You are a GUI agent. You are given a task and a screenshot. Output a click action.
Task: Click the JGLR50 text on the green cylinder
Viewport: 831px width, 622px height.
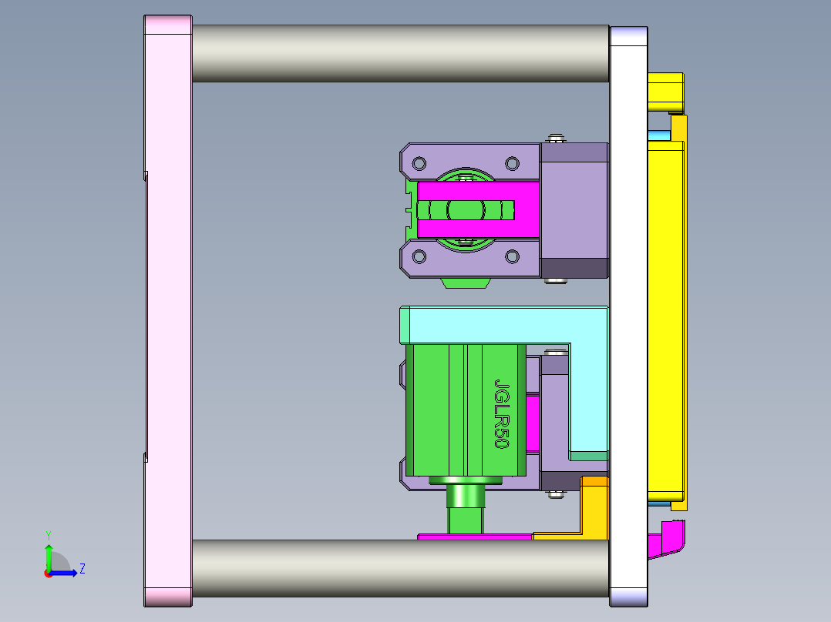click(x=502, y=414)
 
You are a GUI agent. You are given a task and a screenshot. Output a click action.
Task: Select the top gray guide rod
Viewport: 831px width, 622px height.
click(x=399, y=53)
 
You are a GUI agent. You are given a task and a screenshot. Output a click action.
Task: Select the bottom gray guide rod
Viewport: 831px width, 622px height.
click(x=399, y=568)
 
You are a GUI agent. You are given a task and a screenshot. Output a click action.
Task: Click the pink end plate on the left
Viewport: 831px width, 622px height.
click(x=168, y=308)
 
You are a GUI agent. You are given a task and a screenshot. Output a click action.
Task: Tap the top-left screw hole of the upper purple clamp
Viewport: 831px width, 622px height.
click(x=419, y=163)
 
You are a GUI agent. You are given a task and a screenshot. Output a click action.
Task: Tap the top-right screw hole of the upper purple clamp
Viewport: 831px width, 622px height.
click(x=512, y=163)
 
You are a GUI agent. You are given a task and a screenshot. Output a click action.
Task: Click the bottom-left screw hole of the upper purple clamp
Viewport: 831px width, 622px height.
click(x=419, y=256)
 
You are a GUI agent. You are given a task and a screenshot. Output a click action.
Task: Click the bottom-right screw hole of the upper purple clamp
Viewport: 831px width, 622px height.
click(x=512, y=256)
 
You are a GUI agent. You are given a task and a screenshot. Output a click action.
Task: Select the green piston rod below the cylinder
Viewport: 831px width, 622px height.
click(x=466, y=508)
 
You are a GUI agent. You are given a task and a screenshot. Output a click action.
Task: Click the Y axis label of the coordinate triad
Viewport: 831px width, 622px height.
click(x=48, y=534)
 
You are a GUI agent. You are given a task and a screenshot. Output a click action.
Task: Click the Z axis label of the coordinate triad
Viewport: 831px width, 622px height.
click(x=82, y=569)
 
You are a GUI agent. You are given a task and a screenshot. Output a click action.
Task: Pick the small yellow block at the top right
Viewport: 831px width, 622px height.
click(x=665, y=92)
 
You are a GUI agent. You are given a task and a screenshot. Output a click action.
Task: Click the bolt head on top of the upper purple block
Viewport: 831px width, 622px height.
click(x=555, y=139)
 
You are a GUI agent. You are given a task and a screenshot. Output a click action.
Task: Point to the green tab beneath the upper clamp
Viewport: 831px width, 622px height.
click(x=466, y=283)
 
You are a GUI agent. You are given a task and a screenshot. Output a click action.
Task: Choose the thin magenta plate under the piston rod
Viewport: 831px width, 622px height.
click(x=473, y=536)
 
